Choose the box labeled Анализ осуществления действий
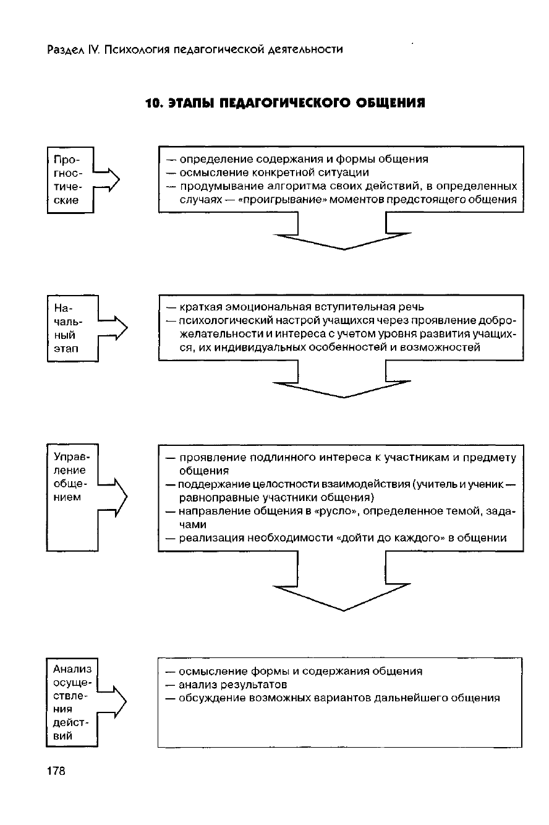point(72,702)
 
